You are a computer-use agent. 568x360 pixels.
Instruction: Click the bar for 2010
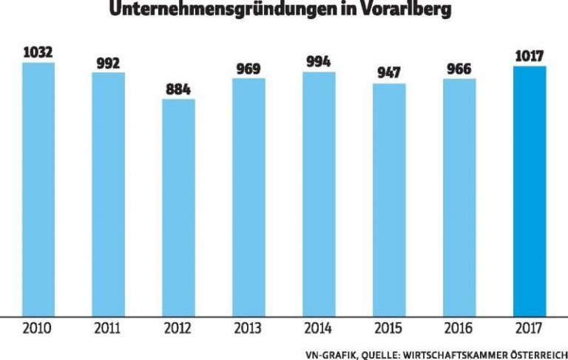click(x=38, y=189)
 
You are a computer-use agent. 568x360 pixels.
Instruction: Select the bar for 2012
click(x=179, y=207)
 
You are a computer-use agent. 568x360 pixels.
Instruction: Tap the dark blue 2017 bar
click(x=530, y=191)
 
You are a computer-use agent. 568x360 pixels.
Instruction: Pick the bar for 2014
click(x=319, y=193)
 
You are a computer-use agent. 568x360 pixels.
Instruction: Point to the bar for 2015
click(x=389, y=199)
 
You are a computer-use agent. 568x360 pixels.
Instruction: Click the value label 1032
click(x=38, y=52)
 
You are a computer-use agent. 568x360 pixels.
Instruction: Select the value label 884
click(x=179, y=89)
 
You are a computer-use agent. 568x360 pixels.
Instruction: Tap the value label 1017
click(x=530, y=56)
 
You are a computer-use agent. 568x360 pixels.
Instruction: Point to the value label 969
click(x=249, y=69)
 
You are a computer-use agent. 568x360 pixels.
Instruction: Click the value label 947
click(x=389, y=74)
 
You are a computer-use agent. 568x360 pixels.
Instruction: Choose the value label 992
click(x=109, y=62)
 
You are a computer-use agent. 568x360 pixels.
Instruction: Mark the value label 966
click(x=459, y=69)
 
